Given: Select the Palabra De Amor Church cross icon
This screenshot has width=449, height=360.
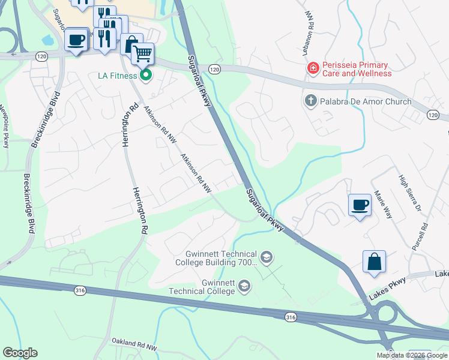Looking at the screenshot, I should click(310, 101).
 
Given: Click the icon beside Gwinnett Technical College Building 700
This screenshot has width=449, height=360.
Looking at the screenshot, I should click(267, 258).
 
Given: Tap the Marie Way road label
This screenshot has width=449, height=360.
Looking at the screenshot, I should click(382, 204).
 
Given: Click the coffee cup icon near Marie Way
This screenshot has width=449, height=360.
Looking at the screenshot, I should click(360, 205).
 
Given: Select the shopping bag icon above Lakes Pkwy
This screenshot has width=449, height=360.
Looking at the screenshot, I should click(374, 262).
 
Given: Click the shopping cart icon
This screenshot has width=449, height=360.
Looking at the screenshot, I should click(142, 54).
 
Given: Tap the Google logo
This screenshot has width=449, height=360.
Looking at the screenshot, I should click(20, 353).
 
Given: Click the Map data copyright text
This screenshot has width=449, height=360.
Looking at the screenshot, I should click(412, 355).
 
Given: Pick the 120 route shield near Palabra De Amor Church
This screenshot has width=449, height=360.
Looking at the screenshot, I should click(433, 115).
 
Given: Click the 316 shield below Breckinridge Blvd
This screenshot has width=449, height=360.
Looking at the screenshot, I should click(80, 290).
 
